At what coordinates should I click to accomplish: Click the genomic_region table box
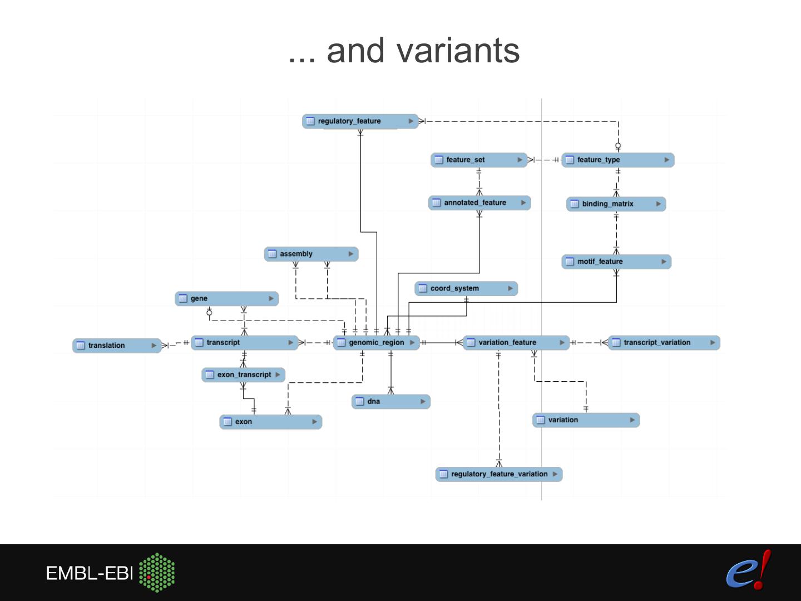tap(376, 343)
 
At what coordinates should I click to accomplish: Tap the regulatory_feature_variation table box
tap(498, 474)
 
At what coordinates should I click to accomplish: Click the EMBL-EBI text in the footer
tap(89, 573)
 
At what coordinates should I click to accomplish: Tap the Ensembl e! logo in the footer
tap(749, 570)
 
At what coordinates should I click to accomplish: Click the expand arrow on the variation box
tap(632, 420)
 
